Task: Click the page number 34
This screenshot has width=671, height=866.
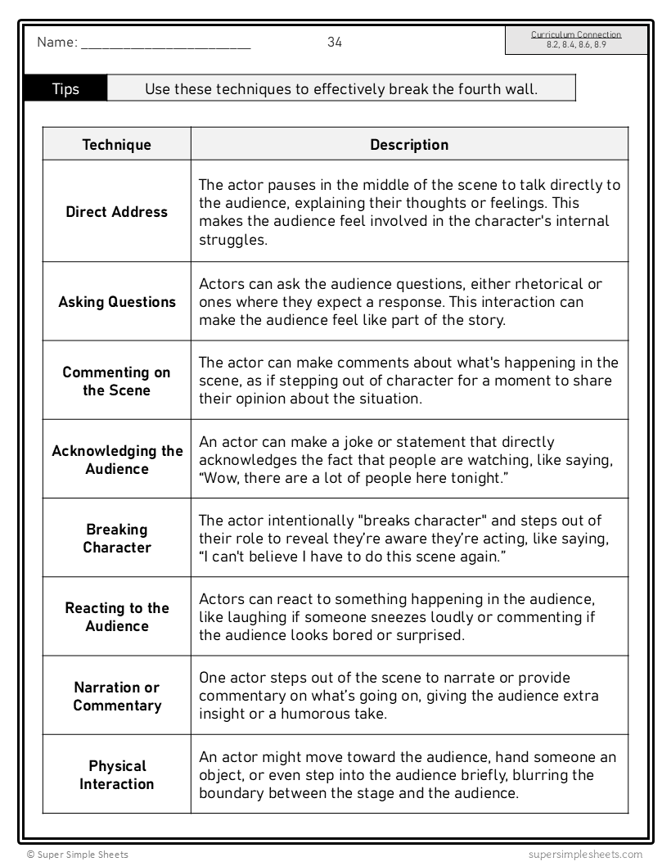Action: pyautogui.click(x=335, y=43)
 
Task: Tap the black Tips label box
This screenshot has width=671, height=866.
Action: pyautogui.click(x=65, y=88)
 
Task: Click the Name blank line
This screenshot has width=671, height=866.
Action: pyautogui.click(x=165, y=46)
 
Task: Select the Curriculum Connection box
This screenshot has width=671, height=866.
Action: pyautogui.click(x=575, y=40)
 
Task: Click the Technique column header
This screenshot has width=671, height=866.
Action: pyautogui.click(x=117, y=145)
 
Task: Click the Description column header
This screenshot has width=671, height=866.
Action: pyautogui.click(x=409, y=145)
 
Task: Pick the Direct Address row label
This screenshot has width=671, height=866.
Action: pyautogui.click(x=117, y=212)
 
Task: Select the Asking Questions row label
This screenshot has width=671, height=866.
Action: pyautogui.click(x=117, y=302)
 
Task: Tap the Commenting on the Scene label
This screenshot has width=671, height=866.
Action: pyautogui.click(x=117, y=381)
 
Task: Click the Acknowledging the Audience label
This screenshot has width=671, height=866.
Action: pyautogui.click(x=117, y=460)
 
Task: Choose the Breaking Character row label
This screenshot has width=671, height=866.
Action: pyautogui.click(x=117, y=539)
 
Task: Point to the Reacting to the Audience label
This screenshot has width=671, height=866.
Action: pyautogui.click(x=117, y=617)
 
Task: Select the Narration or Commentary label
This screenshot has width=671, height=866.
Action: pyautogui.click(x=117, y=697)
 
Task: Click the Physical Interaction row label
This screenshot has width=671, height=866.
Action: pyautogui.click(x=117, y=775)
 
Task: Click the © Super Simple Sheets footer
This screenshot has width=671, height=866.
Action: pyautogui.click(x=77, y=855)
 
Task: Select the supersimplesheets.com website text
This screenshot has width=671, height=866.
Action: pyautogui.click(x=585, y=855)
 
